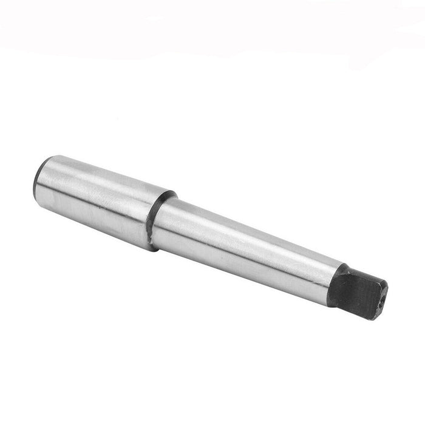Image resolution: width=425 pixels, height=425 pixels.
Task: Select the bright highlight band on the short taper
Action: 97,182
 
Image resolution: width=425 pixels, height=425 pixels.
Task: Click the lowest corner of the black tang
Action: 372,319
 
